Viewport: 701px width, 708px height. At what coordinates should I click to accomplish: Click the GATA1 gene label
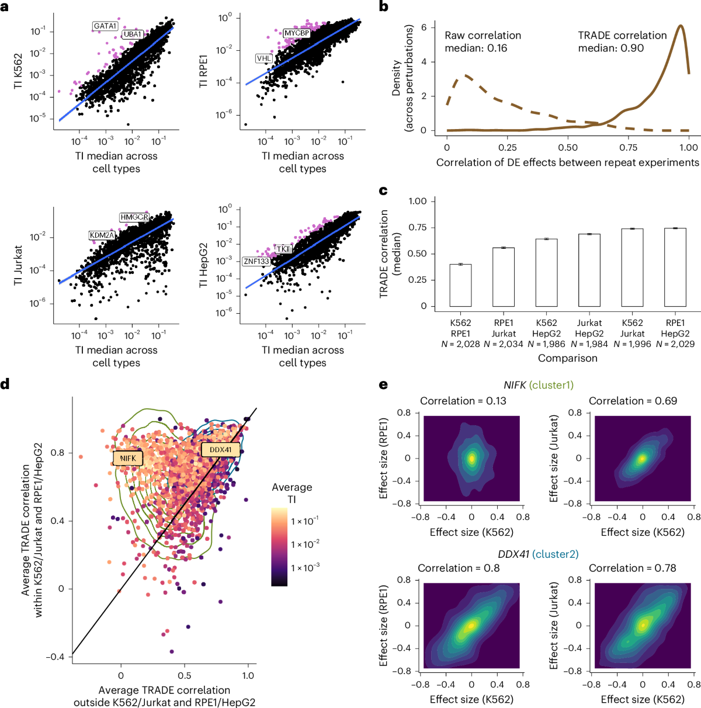tap(106, 26)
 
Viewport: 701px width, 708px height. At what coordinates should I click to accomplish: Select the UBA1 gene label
tap(133, 34)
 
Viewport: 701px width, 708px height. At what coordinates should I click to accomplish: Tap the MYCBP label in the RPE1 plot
tap(296, 33)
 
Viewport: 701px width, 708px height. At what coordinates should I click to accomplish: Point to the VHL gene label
tap(264, 58)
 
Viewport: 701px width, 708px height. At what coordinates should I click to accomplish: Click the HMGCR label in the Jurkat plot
tap(134, 217)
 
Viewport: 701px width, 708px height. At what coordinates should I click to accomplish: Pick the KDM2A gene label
tap(102, 235)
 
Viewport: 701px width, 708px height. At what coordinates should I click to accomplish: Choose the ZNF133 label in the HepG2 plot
tap(256, 261)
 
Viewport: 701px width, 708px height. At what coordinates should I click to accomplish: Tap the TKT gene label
tap(283, 249)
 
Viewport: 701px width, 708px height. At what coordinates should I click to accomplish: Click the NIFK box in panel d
tap(128, 459)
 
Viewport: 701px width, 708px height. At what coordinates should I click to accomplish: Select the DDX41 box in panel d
tap(220, 450)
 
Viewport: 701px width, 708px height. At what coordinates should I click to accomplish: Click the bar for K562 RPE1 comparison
tap(460, 285)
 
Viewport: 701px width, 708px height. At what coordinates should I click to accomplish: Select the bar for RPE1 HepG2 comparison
tap(675, 267)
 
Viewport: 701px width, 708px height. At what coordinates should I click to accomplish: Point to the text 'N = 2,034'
tap(504, 344)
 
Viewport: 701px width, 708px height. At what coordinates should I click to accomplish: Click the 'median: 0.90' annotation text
tap(611, 48)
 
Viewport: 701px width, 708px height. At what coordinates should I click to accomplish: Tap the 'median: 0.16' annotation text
tap(476, 48)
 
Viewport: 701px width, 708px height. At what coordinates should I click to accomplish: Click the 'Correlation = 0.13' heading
tap(463, 401)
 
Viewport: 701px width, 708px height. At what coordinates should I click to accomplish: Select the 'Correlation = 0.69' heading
tap(633, 401)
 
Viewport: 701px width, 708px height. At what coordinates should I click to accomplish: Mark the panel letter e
tap(383, 385)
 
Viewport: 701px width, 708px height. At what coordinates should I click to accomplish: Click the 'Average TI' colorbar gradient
tap(279, 547)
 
